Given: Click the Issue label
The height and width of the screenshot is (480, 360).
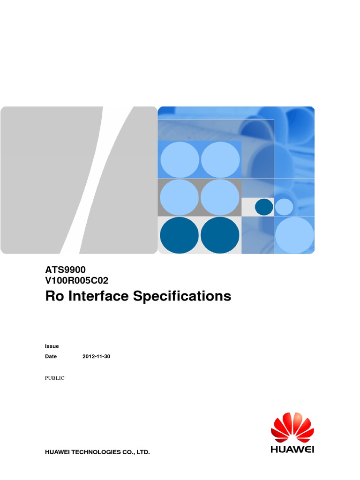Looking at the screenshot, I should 52,346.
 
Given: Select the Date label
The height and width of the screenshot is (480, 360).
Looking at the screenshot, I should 51,356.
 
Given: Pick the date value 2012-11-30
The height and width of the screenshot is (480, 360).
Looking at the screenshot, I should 96,356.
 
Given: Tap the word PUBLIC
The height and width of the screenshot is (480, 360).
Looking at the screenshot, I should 54,378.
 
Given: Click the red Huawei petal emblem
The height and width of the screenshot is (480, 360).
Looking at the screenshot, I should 292,427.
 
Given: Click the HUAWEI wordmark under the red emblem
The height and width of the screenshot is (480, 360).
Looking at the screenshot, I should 292,449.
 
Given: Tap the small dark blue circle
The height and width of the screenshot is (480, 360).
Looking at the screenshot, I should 264,207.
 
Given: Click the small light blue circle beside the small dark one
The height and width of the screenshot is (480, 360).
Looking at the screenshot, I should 284,207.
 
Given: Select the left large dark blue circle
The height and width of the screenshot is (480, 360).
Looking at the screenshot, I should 180,235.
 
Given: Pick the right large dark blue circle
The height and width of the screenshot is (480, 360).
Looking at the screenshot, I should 220,235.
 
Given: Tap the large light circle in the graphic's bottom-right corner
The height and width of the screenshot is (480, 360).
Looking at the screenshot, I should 294,234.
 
